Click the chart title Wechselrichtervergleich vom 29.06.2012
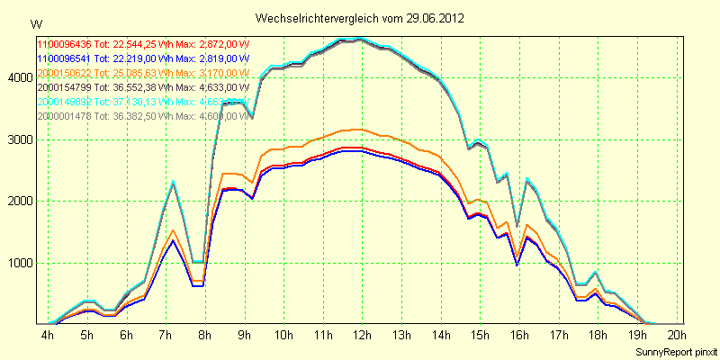[x=360, y=19]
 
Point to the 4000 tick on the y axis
[x=19, y=78]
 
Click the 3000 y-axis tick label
[x=19, y=140]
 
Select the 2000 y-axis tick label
[x=19, y=202]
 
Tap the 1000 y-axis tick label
[x=19, y=264]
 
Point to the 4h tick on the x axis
[x=48, y=335]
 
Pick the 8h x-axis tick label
[x=205, y=335]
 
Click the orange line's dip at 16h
[x=517, y=253]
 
